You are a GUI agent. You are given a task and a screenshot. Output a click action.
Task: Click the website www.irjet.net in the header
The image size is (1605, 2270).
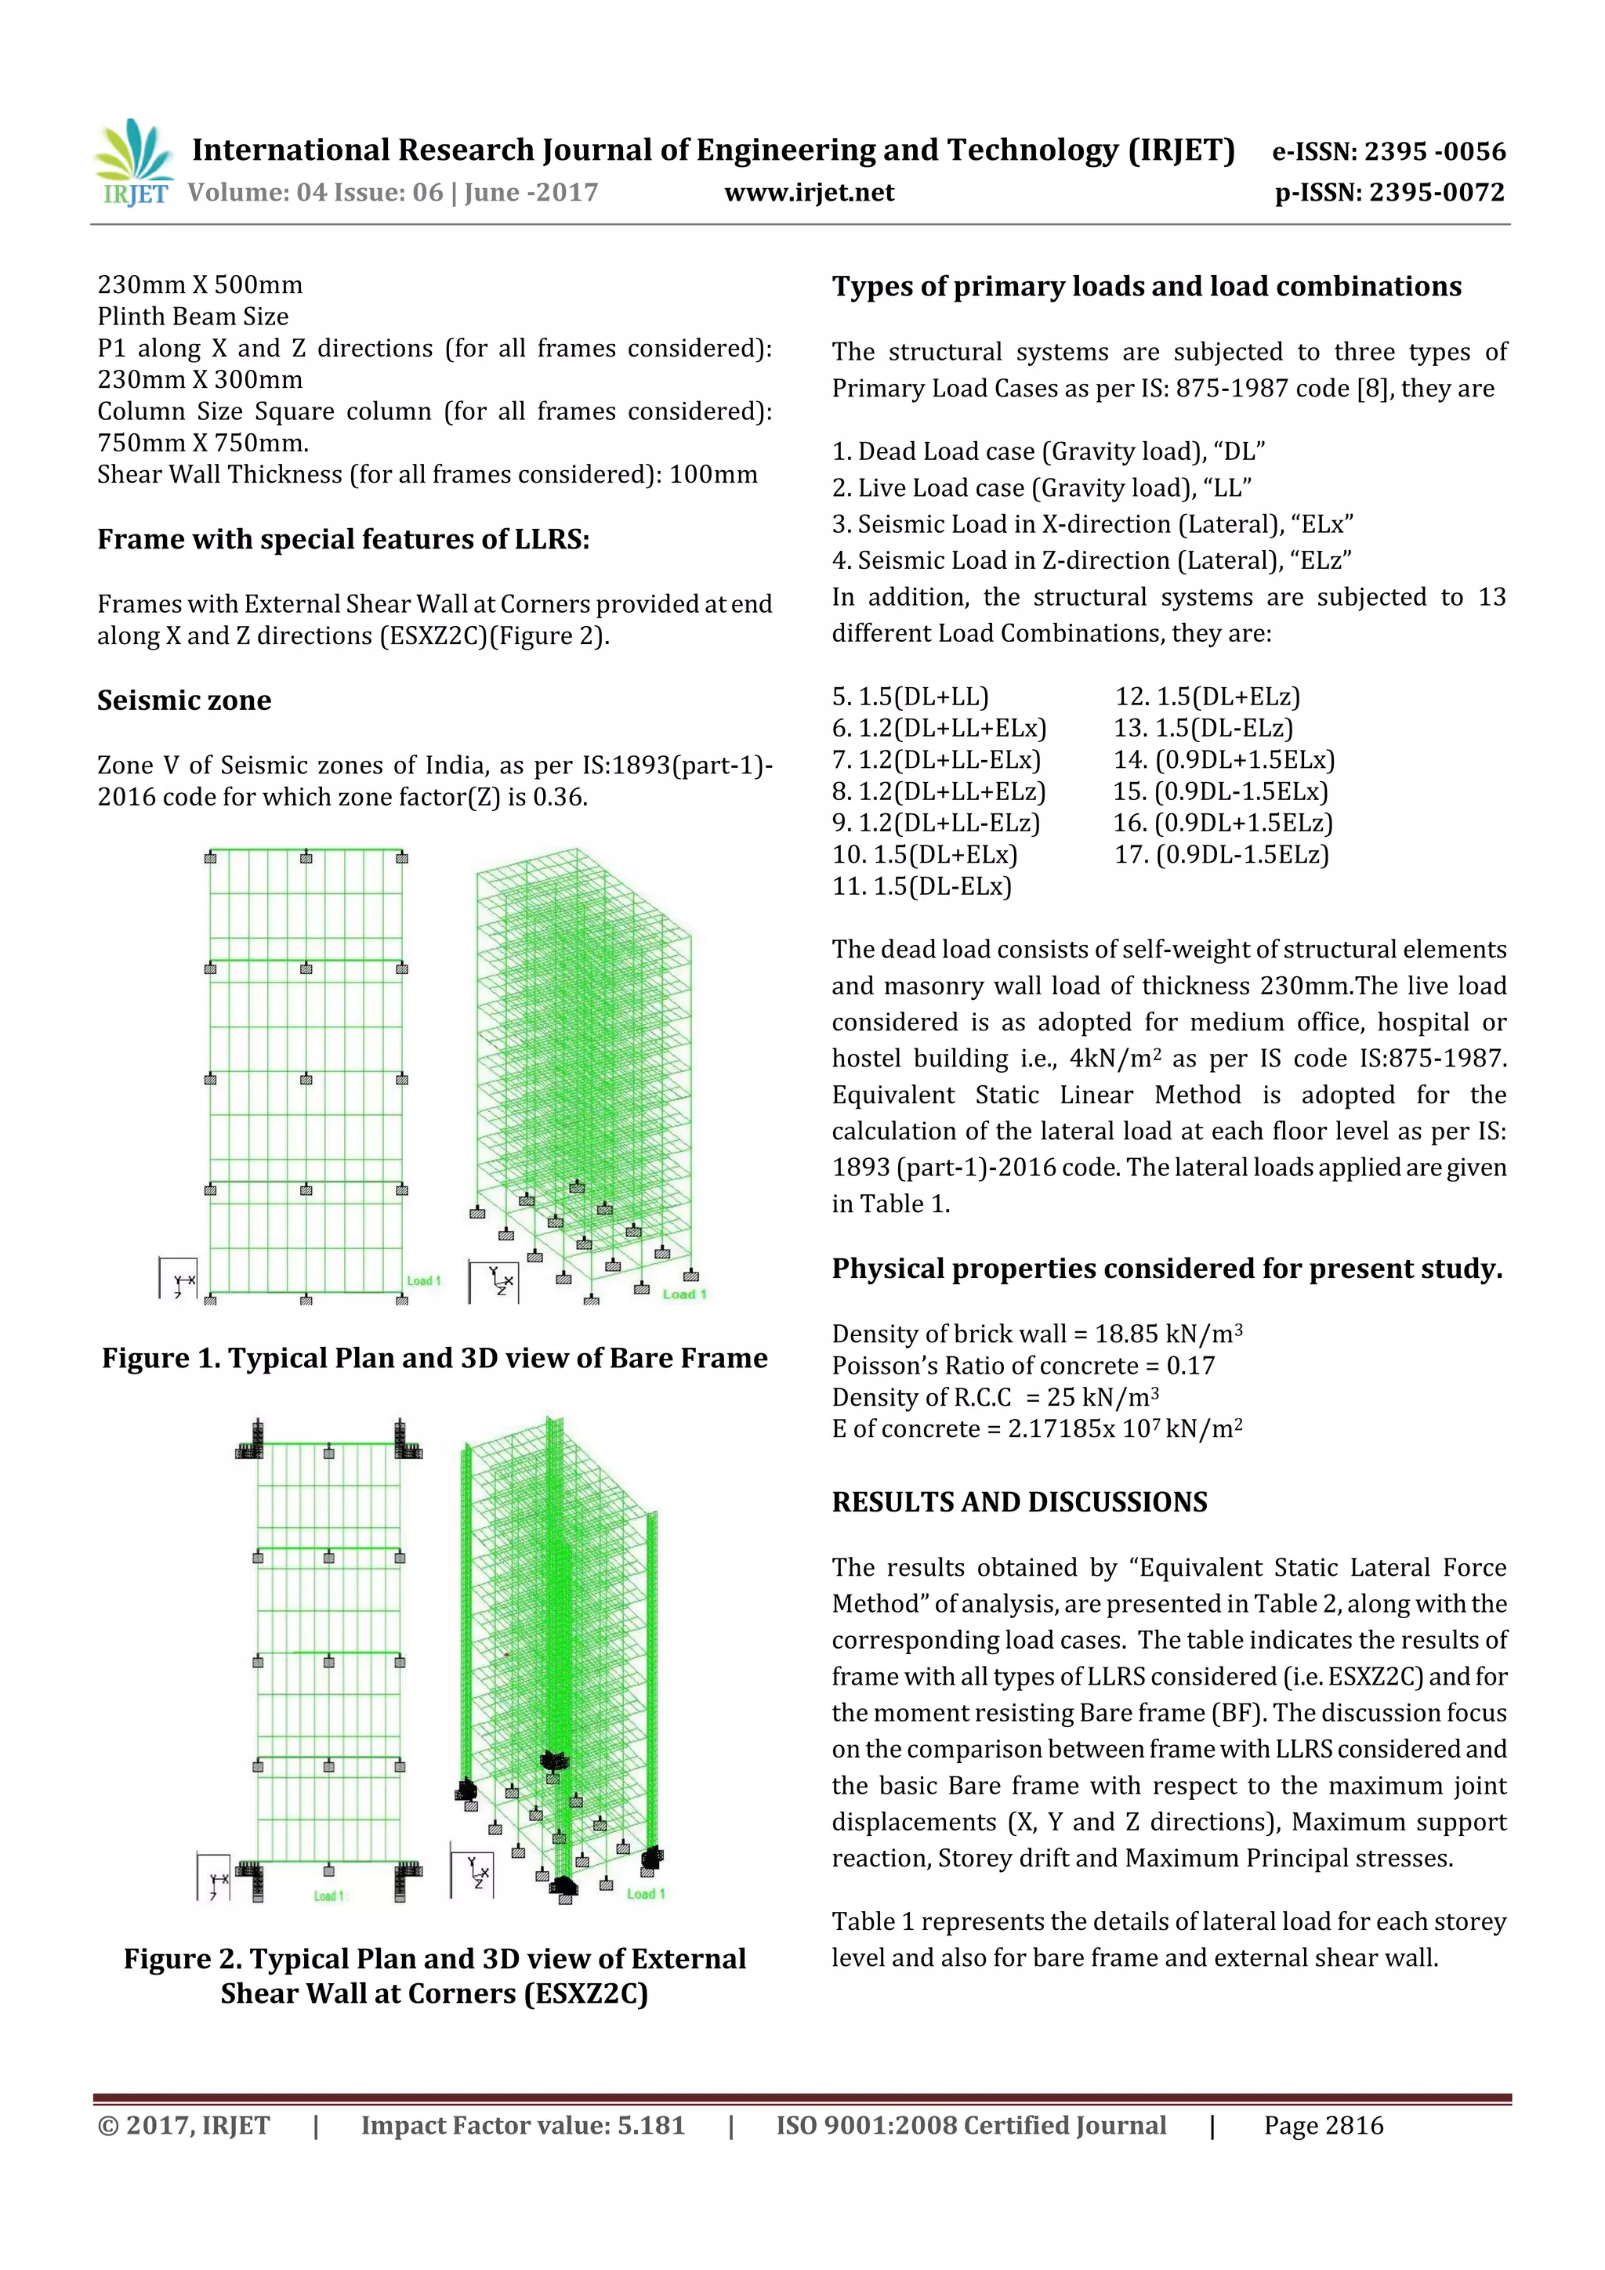809,193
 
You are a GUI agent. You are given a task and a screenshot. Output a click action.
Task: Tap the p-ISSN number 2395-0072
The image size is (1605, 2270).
1437,193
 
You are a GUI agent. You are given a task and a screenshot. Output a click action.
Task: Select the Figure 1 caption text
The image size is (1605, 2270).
434,1359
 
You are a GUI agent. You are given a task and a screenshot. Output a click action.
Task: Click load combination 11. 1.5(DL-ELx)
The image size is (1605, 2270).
922,886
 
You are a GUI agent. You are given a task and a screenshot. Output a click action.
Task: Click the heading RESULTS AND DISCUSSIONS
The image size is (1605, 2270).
1019,1502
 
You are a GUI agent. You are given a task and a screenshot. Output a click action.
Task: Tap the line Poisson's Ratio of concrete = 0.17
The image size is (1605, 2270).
1023,1365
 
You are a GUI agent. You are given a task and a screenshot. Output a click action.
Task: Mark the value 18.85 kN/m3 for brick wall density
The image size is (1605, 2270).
1168,1334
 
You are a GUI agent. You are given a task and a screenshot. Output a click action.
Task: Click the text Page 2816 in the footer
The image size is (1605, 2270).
1323,2125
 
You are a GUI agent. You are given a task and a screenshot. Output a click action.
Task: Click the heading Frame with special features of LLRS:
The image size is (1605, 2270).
343,540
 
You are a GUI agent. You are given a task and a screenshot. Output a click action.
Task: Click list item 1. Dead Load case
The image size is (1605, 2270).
1049,452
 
